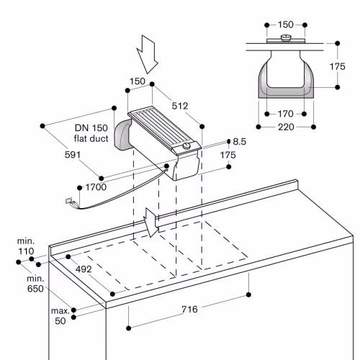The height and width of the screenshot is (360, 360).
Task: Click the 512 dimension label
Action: tap(180, 106)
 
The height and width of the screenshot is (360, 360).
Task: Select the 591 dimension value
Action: tap(73, 155)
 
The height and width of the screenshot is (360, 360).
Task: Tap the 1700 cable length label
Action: tap(96, 187)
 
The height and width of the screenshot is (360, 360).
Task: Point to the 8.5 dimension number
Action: tap(239, 142)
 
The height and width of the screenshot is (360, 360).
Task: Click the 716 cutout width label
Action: tap(189, 309)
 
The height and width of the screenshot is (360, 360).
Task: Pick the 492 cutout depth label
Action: tap(84, 269)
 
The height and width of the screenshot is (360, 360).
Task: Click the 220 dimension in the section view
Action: tap(286, 127)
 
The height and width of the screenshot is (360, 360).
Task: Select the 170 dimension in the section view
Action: tap(285, 114)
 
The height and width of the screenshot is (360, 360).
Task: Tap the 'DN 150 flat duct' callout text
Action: tap(91, 133)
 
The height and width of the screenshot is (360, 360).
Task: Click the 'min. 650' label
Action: tap(35, 284)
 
